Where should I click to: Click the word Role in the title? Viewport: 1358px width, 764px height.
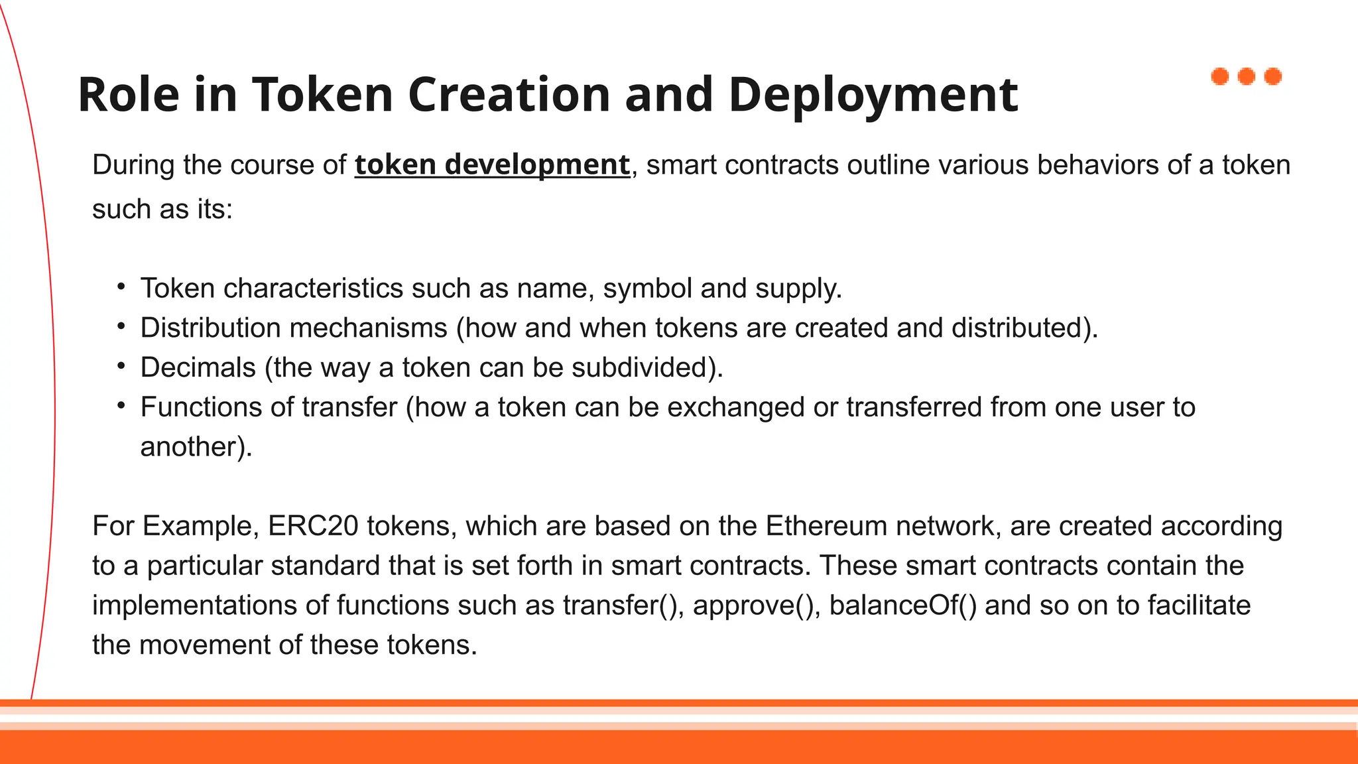[129, 95]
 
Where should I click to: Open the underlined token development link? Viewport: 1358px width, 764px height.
[492, 165]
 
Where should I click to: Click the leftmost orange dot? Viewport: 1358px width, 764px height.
[1220, 77]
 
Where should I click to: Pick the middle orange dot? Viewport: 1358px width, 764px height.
[1247, 77]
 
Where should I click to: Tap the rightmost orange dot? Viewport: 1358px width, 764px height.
[1273, 77]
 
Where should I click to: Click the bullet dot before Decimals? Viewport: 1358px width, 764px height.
[121, 365]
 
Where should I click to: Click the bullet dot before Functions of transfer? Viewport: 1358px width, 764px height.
[121, 405]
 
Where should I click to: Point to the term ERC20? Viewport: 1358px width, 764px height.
[313, 527]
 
